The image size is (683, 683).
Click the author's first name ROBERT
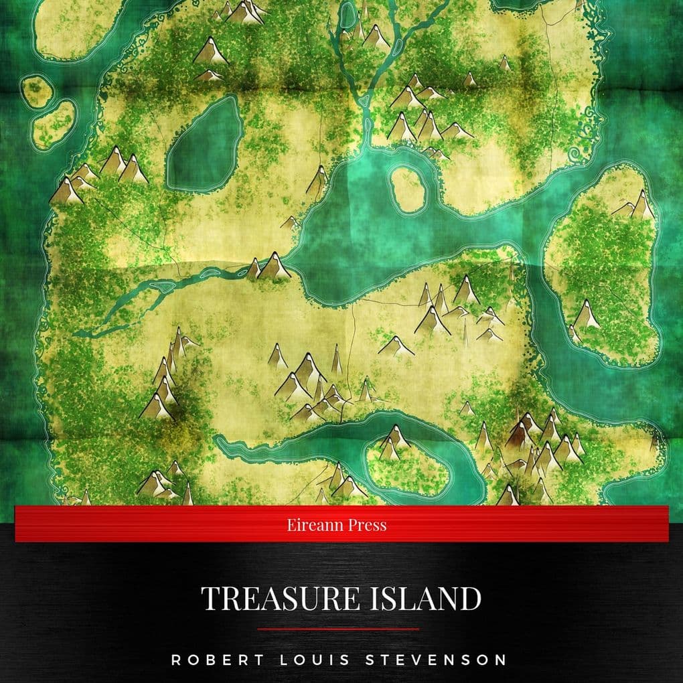click(x=207, y=660)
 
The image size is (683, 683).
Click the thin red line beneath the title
click(x=338, y=629)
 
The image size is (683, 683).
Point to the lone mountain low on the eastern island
click(x=586, y=315)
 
